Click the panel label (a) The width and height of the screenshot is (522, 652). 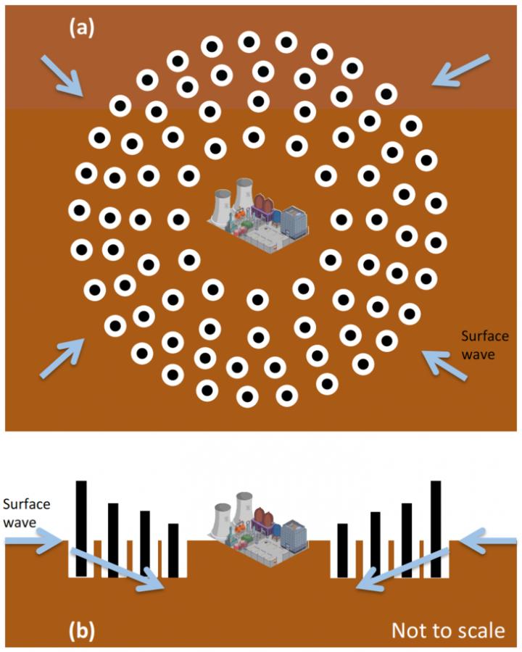click(x=82, y=29)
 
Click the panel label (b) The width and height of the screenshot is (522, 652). click(x=82, y=630)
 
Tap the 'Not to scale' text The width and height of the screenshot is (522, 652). click(x=448, y=630)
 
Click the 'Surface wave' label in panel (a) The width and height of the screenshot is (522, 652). click(x=484, y=345)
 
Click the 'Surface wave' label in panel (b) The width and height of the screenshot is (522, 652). click(x=26, y=513)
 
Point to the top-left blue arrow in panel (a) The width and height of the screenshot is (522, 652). click(x=62, y=75)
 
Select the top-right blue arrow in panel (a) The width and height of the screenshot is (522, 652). click(x=461, y=70)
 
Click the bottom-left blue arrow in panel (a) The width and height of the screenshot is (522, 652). click(x=62, y=358)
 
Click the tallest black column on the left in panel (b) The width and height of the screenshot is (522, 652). click(x=82, y=529)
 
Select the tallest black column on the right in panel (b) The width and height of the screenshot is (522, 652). click(x=436, y=529)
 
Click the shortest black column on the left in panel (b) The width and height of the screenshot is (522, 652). click(x=173, y=550)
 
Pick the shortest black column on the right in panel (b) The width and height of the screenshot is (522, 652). click(x=342, y=550)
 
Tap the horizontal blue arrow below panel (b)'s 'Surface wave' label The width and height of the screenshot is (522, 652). click(x=34, y=541)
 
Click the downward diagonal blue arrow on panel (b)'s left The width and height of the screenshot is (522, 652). click(x=117, y=570)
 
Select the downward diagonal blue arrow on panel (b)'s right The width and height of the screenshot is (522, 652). click(x=403, y=569)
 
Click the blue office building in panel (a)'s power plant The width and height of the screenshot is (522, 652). click(x=294, y=223)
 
